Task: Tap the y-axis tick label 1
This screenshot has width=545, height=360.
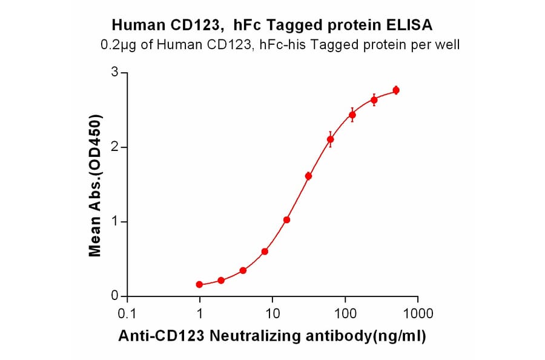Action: (x=114, y=222)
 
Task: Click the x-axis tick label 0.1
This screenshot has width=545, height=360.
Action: (x=127, y=313)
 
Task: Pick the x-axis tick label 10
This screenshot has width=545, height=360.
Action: (x=272, y=313)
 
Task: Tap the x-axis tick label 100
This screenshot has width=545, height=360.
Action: (x=345, y=313)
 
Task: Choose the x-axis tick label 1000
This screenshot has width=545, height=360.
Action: (x=417, y=313)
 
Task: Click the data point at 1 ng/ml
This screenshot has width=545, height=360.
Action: (x=200, y=284)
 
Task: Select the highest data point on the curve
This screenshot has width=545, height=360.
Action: (x=396, y=90)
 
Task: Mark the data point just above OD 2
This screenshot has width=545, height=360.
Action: (x=331, y=139)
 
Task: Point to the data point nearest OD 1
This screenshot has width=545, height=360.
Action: (x=287, y=220)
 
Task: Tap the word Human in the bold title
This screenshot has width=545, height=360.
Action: (x=134, y=25)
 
